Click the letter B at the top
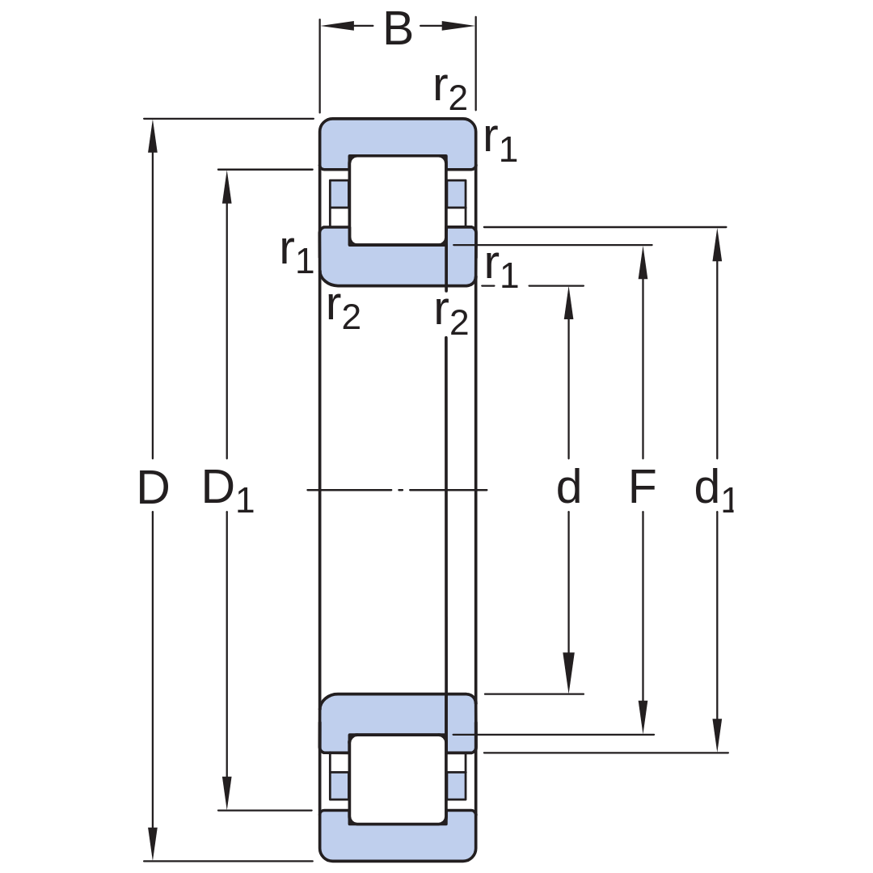pos(398,29)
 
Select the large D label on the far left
pos(153,487)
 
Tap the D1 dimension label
pos(228,490)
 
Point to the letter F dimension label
pos(643,487)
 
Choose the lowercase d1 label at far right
pos(715,490)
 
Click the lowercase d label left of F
pos(568,487)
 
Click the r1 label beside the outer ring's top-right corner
pos(500,142)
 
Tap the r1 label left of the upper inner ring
pos(297,254)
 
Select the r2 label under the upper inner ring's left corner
pos(344,310)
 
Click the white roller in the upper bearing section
pos(398,200)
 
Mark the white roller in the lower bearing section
pos(398,779)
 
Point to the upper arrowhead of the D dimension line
pos(153,136)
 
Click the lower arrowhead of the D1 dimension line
pos(226,793)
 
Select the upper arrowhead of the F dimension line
pos(643,262)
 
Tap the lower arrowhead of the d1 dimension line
pos(717,736)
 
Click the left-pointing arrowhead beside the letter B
pos(338,26)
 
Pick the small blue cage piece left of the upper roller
pos(339,194)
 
